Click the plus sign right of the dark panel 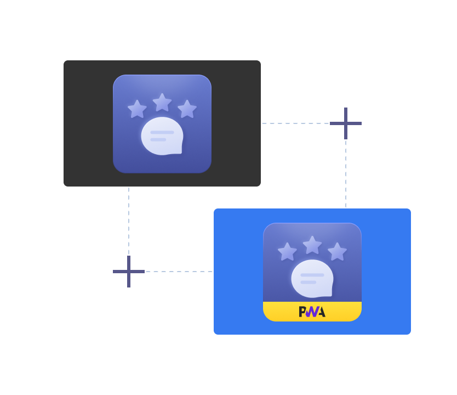tap(346, 123)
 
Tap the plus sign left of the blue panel tap(129, 272)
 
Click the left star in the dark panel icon tap(138, 109)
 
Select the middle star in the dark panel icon tap(162, 103)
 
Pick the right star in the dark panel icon tap(187, 109)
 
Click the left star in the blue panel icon tap(287, 251)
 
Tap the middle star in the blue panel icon tap(312, 245)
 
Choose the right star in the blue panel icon tap(337, 251)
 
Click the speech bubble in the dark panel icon tap(162, 136)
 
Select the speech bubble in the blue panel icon tap(312, 279)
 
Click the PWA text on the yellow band tap(312, 312)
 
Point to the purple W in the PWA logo tap(312, 312)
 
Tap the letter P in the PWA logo tap(302, 312)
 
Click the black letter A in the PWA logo tap(321, 312)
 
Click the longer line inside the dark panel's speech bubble tap(162, 132)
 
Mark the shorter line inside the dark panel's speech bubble tap(158, 140)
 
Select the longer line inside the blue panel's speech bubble tap(312, 275)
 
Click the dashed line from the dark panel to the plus tap(295, 123)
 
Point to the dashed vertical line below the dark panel tap(129, 221)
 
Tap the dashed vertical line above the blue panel tap(346, 174)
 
